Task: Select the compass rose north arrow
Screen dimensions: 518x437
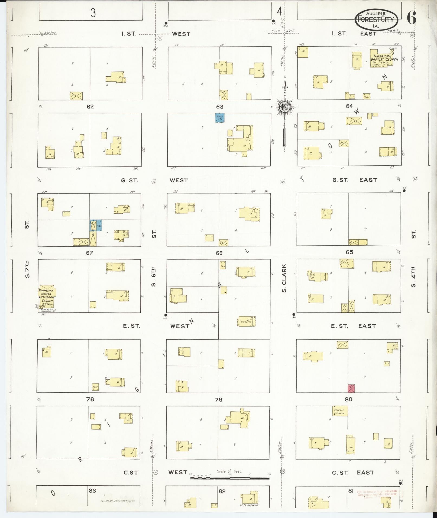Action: pos(285,106)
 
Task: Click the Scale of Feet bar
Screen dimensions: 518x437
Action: pos(230,478)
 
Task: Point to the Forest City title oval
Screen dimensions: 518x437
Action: pos(377,19)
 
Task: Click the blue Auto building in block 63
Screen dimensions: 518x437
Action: pos(220,118)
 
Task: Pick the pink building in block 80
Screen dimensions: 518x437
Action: pos(351,388)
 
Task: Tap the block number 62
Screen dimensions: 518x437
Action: pos(90,106)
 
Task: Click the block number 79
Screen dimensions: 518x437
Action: pos(218,399)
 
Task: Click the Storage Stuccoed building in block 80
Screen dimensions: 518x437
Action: pos(340,411)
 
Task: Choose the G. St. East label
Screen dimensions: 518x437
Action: pos(354,180)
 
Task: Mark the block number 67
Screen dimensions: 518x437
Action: pos(89,253)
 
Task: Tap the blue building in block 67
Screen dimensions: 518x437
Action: pos(96,225)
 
